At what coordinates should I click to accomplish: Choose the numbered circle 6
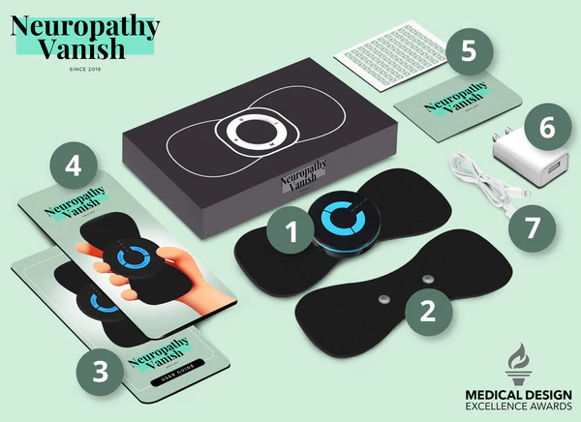pos(545,127)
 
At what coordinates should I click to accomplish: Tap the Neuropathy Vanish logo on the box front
pos(296,181)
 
